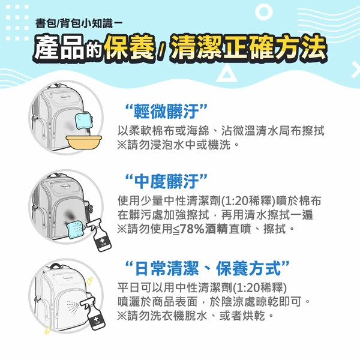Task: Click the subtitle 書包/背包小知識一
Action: [79, 23]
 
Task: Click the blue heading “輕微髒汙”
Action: [166, 111]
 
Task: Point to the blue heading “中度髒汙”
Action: [166, 181]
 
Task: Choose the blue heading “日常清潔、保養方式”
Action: [208, 268]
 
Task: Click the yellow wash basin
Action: [84, 142]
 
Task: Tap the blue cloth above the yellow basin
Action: [83, 121]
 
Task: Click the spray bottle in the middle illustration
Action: [100, 235]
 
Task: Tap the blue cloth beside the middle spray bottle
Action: [74, 229]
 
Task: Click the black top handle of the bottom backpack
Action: [55, 266]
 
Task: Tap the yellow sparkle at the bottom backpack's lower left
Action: [47, 330]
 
